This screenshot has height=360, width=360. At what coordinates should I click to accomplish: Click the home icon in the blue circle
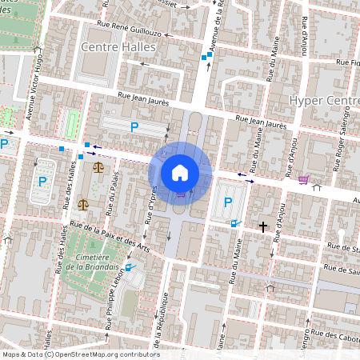[x=180, y=172]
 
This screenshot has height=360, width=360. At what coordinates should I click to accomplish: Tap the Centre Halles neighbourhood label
[x=118, y=47]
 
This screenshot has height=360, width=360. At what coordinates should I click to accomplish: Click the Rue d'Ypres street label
[x=149, y=200]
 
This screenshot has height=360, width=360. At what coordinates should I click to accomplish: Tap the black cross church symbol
[x=263, y=227]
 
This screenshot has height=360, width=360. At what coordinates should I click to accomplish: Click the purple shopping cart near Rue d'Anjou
[x=302, y=179]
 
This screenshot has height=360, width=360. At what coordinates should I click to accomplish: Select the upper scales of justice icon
[x=98, y=167]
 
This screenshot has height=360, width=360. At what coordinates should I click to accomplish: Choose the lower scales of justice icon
[x=82, y=204]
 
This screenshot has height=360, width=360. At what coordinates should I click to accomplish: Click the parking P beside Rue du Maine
[x=228, y=202]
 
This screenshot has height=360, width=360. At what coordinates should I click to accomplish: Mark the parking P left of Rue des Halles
[x=41, y=182]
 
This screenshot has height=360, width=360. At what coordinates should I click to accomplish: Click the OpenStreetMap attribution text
[x=80, y=354]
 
